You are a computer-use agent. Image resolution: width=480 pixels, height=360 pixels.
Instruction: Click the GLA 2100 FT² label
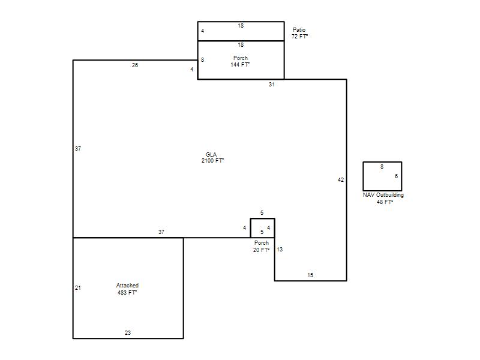tap(212, 158)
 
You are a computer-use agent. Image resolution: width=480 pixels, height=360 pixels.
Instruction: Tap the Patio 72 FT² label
tap(299, 33)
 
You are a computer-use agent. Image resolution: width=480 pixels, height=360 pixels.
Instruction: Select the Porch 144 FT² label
tap(241, 61)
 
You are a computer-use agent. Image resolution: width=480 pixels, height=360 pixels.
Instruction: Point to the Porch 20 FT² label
tap(262, 247)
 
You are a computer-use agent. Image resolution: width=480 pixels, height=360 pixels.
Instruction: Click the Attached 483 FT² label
tap(127, 289)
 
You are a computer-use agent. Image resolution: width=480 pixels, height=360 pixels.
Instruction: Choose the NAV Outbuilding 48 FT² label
tap(383, 199)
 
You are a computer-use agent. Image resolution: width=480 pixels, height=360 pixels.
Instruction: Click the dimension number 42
tap(341, 180)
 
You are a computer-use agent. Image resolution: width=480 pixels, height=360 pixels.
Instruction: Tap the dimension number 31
tap(272, 85)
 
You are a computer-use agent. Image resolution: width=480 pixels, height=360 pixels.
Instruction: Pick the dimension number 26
tap(135, 65)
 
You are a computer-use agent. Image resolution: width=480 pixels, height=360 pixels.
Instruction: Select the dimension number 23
tap(128, 333)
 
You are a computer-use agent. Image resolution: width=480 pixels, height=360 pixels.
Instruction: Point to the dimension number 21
tap(78, 288)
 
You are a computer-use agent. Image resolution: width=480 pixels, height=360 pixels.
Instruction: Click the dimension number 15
tap(310, 275)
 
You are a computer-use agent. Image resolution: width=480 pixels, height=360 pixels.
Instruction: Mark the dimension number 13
tap(280, 250)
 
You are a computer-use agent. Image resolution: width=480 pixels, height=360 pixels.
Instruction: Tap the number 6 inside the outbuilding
tap(396, 176)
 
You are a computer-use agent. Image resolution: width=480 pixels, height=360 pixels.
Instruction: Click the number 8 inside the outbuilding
tap(382, 167)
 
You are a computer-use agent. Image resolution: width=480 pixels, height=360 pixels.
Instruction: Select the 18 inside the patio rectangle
tap(241, 26)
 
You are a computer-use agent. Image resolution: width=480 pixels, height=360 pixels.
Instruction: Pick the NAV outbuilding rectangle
tap(364, 176)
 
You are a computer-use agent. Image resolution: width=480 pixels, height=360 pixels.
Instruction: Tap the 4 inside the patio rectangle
tap(202, 31)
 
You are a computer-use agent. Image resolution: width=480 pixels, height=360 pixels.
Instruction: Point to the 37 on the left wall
tap(78, 148)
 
